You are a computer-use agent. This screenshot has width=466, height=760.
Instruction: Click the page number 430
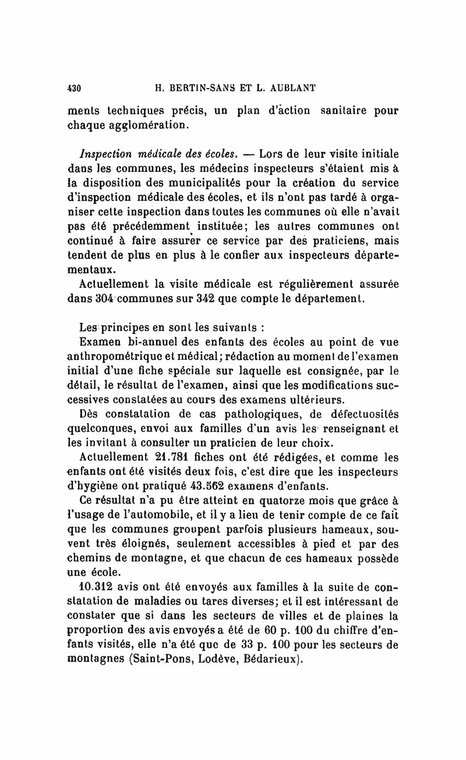(x=73, y=89)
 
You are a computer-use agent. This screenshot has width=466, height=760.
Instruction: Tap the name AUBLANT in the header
(x=289, y=89)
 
